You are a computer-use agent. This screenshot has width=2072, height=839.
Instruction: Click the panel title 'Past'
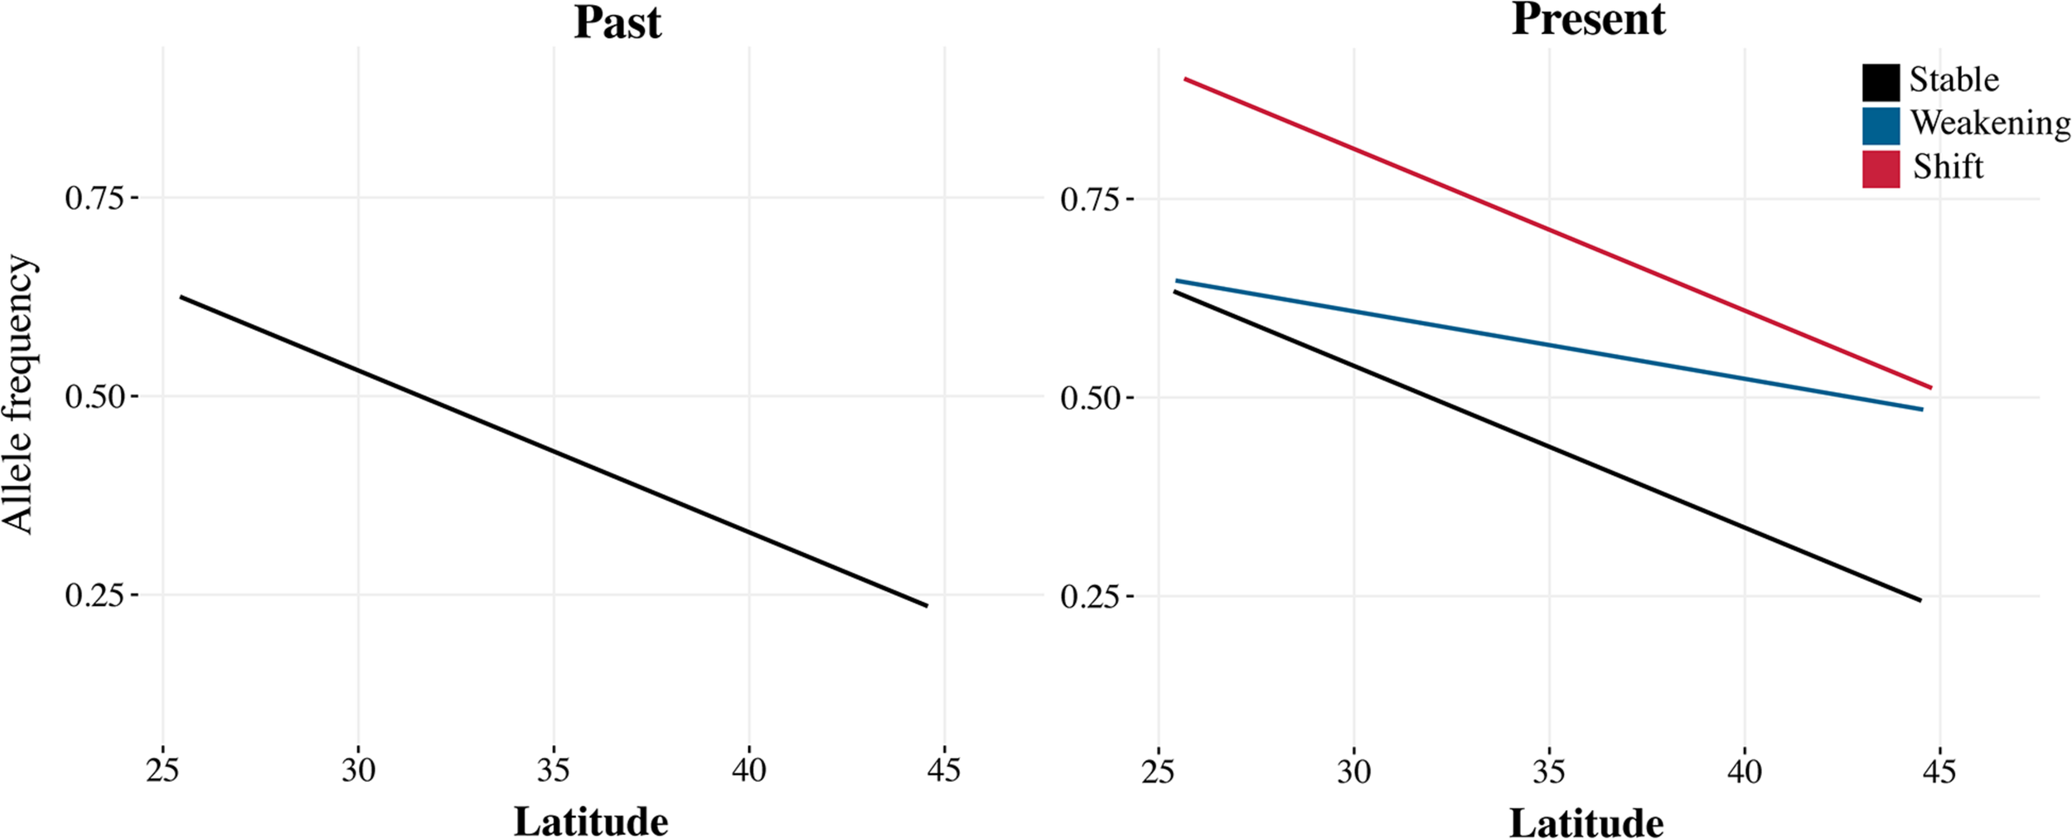(x=617, y=22)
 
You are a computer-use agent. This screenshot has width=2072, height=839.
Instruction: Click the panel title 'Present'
(x=1588, y=19)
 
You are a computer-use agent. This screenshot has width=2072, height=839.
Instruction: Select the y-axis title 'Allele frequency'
(x=18, y=395)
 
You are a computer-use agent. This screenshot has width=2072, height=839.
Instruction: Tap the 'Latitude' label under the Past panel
(x=591, y=822)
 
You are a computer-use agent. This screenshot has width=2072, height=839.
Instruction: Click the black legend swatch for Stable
(x=1881, y=82)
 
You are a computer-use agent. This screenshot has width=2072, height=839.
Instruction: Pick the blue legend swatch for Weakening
(x=1881, y=126)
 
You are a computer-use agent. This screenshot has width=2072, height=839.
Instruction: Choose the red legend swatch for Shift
(x=1881, y=169)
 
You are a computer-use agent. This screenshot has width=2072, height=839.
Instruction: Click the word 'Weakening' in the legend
(x=1990, y=124)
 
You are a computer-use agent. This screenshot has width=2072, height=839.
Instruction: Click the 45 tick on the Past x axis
(x=944, y=771)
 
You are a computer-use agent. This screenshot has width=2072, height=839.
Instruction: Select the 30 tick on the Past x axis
(x=358, y=771)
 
